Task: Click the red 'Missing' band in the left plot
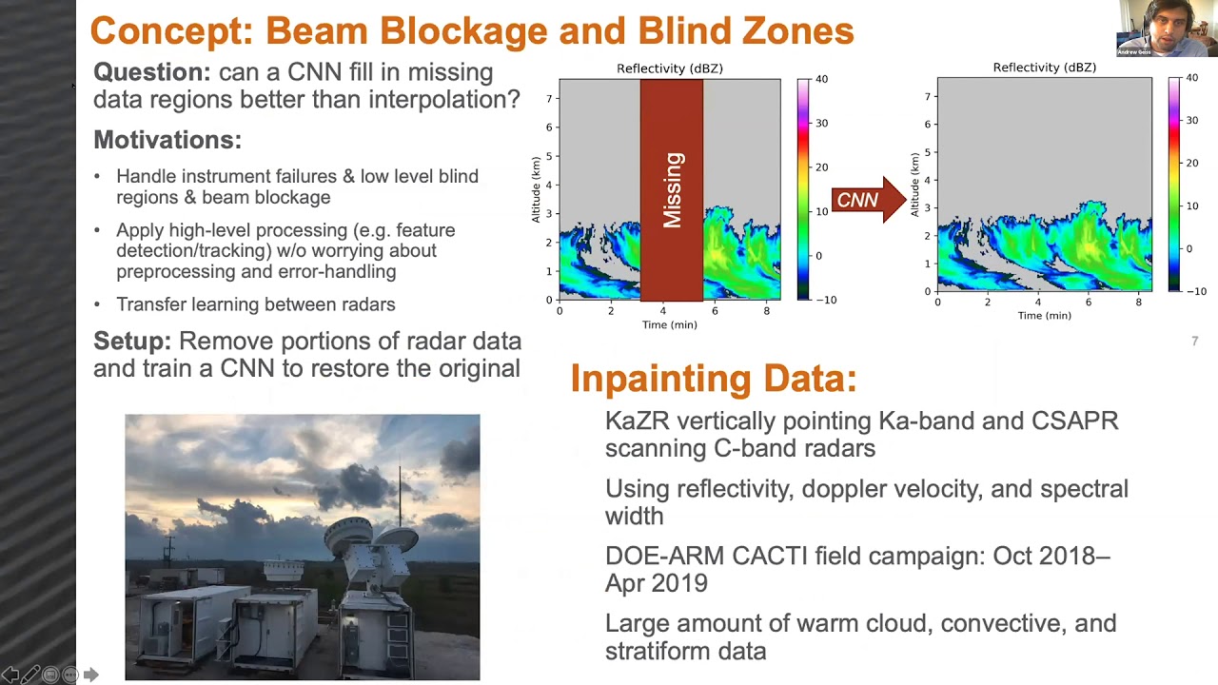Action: click(671, 190)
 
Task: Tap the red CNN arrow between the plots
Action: click(866, 200)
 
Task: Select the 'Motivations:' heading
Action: click(167, 140)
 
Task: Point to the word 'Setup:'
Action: click(132, 342)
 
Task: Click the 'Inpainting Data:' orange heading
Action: click(714, 379)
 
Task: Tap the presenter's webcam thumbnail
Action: click(1167, 29)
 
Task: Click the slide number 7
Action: click(1194, 341)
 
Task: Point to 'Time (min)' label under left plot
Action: click(669, 324)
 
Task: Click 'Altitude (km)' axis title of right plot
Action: click(915, 185)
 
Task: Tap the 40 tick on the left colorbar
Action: click(821, 79)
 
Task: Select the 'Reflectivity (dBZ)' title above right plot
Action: click(1044, 68)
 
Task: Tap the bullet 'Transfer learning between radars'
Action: click(255, 304)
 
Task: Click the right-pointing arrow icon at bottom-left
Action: click(90, 675)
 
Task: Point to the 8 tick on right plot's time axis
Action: click(1138, 303)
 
